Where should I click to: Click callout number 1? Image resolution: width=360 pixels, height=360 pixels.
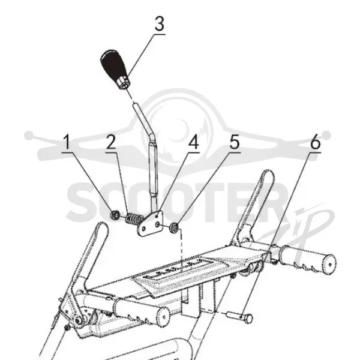click(67, 142)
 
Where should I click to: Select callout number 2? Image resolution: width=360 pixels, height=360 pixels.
click(111, 142)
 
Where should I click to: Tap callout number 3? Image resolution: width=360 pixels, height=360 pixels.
click(160, 24)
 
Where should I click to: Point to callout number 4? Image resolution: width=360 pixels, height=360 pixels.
click(194, 142)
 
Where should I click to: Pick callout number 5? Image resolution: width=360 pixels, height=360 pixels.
click(235, 142)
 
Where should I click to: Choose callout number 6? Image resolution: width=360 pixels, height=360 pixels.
click(315, 142)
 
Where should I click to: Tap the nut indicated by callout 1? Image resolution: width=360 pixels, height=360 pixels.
click(115, 215)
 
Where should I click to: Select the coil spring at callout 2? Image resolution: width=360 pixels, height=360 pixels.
click(134, 219)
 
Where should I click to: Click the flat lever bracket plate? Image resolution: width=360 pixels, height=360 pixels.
click(150, 224)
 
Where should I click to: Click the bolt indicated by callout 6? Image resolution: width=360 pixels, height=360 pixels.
click(241, 317)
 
